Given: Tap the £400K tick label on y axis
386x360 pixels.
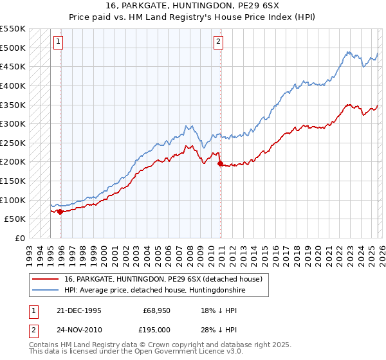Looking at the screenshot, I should [x=13, y=85].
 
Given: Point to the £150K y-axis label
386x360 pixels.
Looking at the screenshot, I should [x=13, y=181].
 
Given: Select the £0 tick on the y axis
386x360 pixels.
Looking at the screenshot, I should [x=19, y=238].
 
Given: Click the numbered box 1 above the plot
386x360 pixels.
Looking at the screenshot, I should [x=58, y=42].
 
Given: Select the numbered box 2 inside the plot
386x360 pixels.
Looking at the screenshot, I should [x=218, y=42].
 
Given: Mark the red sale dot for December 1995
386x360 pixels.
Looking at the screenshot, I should [x=60, y=212].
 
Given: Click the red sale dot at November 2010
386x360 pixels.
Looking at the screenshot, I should [x=220, y=164].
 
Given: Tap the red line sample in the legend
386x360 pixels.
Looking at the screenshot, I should [x=46, y=280].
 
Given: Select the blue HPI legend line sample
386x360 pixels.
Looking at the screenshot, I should [x=46, y=291].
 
